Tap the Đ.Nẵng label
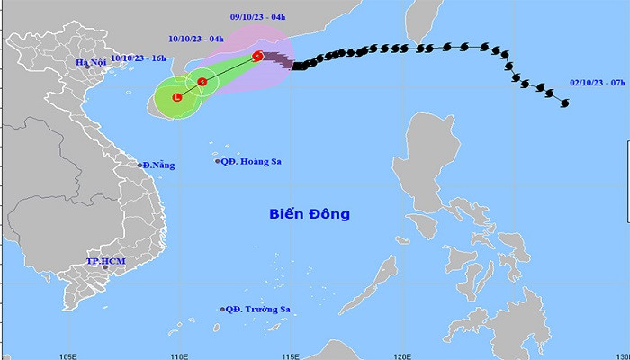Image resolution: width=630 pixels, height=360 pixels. pos(158,165)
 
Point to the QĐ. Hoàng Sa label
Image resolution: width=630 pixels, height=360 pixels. pos(250,161)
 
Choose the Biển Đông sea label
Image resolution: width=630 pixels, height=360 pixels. pos(310,214)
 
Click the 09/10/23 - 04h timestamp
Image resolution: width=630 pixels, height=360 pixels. pos(256,15)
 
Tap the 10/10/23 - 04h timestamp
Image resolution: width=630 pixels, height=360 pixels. pos(195,39)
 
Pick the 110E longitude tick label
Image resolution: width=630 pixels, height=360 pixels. pos(180,354)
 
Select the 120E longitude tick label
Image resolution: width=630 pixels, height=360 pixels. pos(407,354)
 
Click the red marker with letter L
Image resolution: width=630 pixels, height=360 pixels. pos(177,96)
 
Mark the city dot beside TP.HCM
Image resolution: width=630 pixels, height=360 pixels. pos(105,267)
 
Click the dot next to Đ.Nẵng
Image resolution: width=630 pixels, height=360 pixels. pos(141,165)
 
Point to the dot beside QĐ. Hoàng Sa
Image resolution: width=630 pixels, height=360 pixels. pos(218,161)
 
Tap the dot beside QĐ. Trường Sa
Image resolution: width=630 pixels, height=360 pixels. pos(221,309)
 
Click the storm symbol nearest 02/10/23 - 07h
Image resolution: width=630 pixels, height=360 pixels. pos(564,103)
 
